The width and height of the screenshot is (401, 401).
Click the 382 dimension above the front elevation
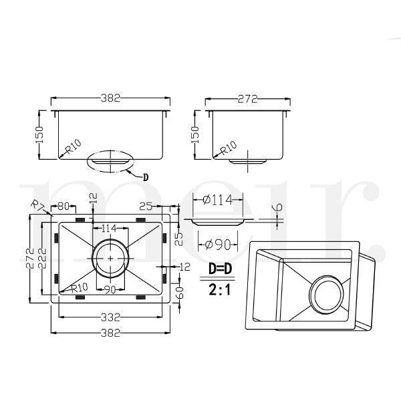click(x=110, y=98)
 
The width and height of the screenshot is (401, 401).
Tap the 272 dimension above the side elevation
click(x=247, y=99)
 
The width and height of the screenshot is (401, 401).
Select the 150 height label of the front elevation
click(x=39, y=135)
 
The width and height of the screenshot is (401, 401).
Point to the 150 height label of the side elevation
click(x=195, y=135)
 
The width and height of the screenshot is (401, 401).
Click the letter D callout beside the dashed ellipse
click(x=146, y=177)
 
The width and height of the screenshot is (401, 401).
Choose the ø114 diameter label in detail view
click(x=218, y=200)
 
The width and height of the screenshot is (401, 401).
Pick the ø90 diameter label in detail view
click(x=218, y=245)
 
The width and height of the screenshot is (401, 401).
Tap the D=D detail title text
click(x=220, y=269)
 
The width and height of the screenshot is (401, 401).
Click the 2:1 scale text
click(x=220, y=290)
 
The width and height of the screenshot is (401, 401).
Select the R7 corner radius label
click(x=37, y=205)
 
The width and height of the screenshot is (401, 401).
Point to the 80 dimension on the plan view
click(x=63, y=206)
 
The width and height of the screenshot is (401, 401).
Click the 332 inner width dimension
click(x=110, y=317)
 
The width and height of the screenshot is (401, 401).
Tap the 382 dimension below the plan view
click(x=110, y=333)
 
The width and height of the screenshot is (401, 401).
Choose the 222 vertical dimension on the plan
click(x=43, y=258)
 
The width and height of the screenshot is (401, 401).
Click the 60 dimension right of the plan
click(x=180, y=293)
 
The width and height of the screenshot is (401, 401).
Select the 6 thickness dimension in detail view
click(x=279, y=207)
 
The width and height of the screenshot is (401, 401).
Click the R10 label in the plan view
click(x=80, y=287)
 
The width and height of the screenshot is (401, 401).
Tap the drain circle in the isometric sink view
click(x=327, y=295)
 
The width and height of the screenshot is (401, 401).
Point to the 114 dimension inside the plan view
click(x=109, y=228)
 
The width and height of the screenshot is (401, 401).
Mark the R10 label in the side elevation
click(x=229, y=148)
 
